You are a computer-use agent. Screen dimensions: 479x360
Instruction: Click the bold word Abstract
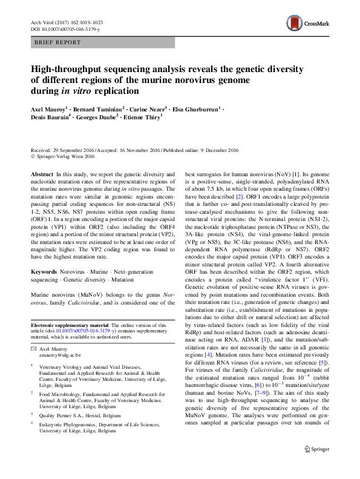pos(42,173)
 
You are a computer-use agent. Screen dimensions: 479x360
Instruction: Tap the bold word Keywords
pos(45,273)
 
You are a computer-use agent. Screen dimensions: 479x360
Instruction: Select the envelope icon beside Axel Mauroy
pos(34,349)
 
